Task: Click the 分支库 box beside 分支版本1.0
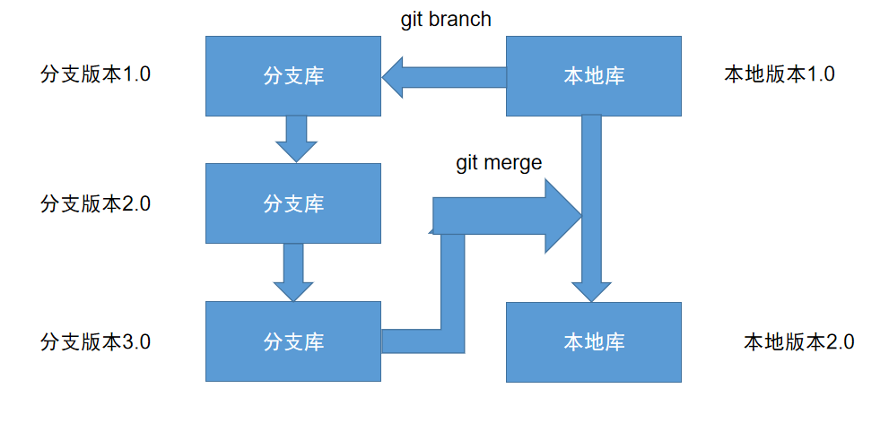pyautogui.click(x=293, y=76)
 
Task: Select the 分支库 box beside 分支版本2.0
pyautogui.click(x=293, y=203)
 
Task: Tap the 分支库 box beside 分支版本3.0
pyautogui.click(x=293, y=341)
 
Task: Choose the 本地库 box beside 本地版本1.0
pyautogui.click(x=593, y=76)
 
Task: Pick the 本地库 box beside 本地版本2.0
pyautogui.click(x=593, y=341)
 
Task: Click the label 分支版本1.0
pyautogui.click(x=96, y=74)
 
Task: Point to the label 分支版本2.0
pyautogui.click(x=96, y=203)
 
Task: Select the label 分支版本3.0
pyautogui.click(x=96, y=341)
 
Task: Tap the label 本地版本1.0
pyautogui.click(x=779, y=74)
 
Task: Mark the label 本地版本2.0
pyautogui.click(x=798, y=341)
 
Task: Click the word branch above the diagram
pyautogui.click(x=460, y=20)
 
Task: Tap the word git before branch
pyautogui.click(x=413, y=20)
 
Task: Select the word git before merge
pyautogui.click(x=467, y=163)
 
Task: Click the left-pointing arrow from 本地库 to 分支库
pyautogui.click(x=444, y=77)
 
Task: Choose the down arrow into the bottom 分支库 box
pyautogui.click(x=293, y=272)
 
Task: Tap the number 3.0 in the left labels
pyautogui.click(x=135, y=341)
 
